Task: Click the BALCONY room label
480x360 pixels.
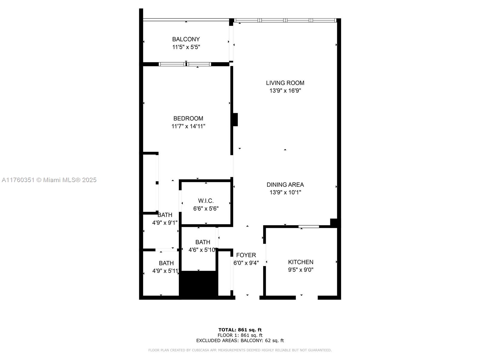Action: click(x=186, y=39)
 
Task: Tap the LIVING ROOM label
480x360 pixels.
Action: click(x=285, y=83)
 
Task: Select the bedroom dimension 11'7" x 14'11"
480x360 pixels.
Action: click(x=188, y=126)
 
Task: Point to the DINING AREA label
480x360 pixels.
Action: click(x=285, y=185)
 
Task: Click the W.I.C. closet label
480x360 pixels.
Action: click(x=206, y=201)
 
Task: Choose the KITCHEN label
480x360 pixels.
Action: click(x=301, y=262)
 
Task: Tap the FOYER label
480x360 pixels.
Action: click(x=246, y=255)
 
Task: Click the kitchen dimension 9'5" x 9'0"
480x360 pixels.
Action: click(x=301, y=270)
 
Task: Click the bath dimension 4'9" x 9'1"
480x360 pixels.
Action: click(x=165, y=223)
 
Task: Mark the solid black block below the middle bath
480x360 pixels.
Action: click(x=199, y=285)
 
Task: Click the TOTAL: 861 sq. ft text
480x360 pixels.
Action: click(x=240, y=330)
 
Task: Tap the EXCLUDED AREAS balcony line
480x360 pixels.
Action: click(x=240, y=340)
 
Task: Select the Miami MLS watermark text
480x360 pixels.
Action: click(x=49, y=180)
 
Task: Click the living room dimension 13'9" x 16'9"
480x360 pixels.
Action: click(x=285, y=91)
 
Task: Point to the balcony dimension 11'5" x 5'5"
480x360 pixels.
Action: click(x=186, y=47)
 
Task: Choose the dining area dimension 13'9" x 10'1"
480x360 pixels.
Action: click(x=285, y=192)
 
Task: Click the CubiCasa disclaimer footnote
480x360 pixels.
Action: click(x=240, y=350)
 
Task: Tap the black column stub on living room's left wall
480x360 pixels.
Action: click(x=235, y=120)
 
